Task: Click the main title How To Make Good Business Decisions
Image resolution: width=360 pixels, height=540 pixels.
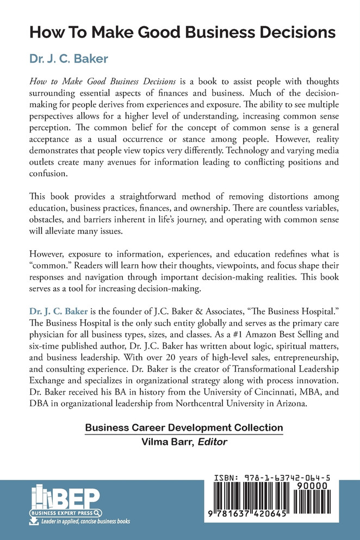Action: click(182, 32)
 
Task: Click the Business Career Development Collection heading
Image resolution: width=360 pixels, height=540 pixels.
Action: click(184, 429)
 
